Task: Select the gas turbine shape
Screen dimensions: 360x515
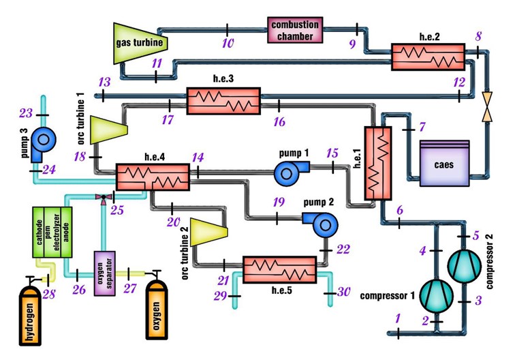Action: click(x=140, y=42)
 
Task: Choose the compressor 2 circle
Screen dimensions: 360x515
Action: click(x=465, y=263)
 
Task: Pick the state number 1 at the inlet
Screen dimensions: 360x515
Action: click(x=397, y=318)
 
